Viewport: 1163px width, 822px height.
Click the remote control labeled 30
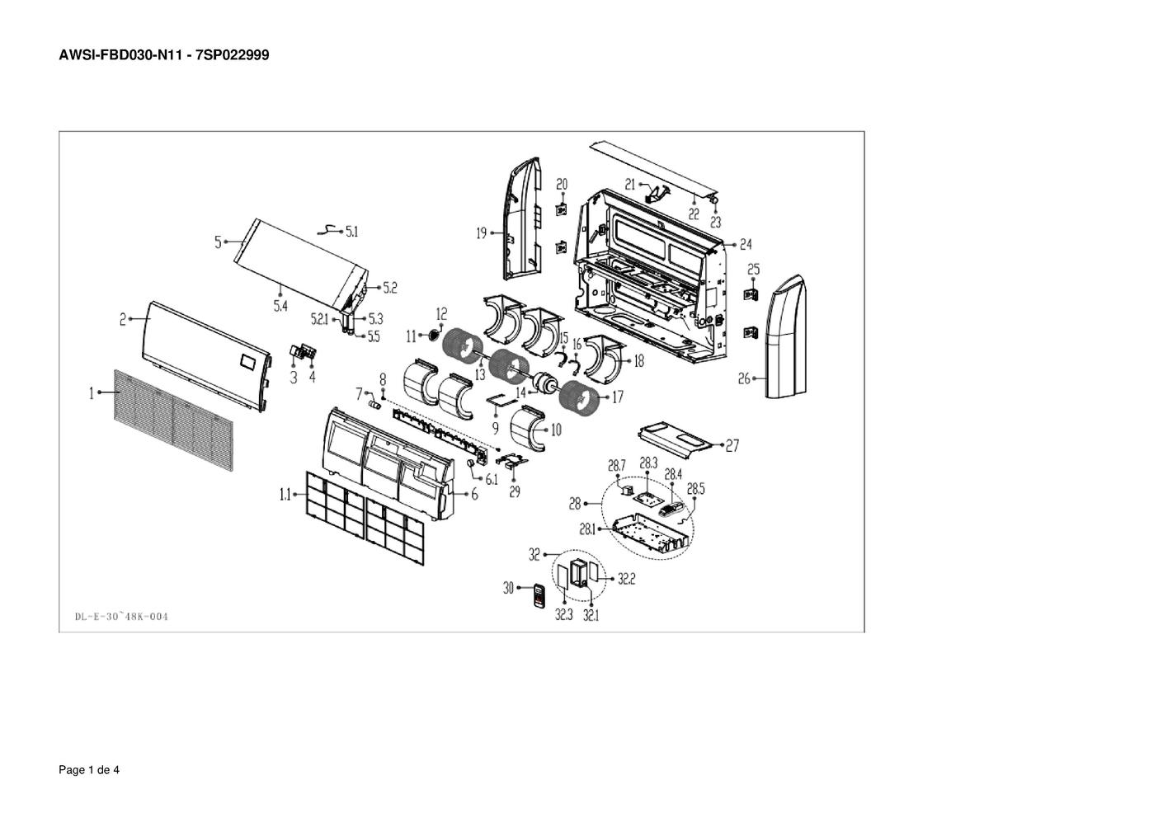540,596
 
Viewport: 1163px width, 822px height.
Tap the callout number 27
732,446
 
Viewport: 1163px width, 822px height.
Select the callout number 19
482,233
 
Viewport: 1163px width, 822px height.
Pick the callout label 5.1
351,233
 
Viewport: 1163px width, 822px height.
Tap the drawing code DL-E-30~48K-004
121,616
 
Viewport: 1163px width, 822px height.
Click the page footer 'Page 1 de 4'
89,770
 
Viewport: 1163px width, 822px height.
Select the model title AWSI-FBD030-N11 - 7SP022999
164,55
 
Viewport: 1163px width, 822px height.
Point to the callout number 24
746,244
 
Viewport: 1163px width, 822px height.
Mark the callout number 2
122,319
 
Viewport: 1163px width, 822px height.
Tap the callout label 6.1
492,479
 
